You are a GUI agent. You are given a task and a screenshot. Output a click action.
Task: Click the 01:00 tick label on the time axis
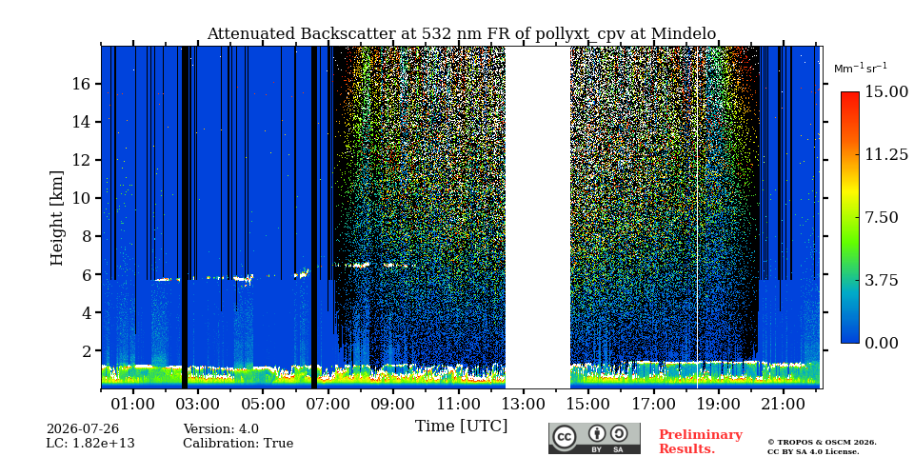pos(133,404)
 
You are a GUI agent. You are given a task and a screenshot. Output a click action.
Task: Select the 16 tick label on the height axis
pos(82,84)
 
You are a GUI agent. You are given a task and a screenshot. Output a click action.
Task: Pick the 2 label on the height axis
pos(86,351)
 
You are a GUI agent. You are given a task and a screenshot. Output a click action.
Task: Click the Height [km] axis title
pos(56,218)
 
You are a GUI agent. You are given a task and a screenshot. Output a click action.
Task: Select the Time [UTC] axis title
pos(461,427)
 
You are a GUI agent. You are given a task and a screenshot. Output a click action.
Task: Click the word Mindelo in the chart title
pos(684,34)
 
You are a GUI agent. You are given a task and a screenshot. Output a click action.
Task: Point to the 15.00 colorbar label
pos(886,92)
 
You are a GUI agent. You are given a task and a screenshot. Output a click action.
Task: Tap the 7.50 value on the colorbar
pos(882,217)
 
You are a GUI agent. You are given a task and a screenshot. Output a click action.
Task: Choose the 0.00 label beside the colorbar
pos(882,343)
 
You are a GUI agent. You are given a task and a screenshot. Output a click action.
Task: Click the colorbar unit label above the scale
pos(861,69)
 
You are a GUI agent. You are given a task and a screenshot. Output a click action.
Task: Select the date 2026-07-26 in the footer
pos(83,429)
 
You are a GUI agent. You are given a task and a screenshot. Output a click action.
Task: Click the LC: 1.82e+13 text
pos(90,444)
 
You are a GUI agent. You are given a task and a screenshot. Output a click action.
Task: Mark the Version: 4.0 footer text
pos(221,429)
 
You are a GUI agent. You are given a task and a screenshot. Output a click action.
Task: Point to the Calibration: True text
pos(238,444)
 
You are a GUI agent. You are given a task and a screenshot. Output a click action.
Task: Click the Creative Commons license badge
pos(594,438)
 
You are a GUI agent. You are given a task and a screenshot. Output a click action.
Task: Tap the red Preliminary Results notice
pos(701,442)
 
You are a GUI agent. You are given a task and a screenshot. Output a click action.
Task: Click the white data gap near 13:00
pos(537,217)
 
